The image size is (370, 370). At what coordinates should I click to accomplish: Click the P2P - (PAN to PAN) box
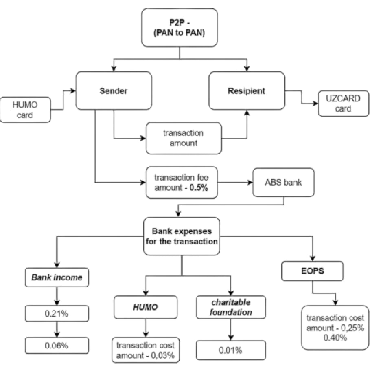(x=179, y=27)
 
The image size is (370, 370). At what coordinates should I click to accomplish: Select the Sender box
(x=114, y=90)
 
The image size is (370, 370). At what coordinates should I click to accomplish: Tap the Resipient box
(x=246, y=90)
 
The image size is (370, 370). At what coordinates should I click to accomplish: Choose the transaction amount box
(x=183, y=138)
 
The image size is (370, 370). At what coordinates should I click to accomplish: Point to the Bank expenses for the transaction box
(x=182, y=236)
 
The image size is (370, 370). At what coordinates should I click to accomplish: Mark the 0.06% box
(x=57, y=345)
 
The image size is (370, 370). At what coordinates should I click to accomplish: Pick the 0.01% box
(x=231, y=350)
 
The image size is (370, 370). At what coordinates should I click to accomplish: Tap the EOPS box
(x=313, y=271)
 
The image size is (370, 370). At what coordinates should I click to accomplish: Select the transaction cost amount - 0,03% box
(x=145, y=350)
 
